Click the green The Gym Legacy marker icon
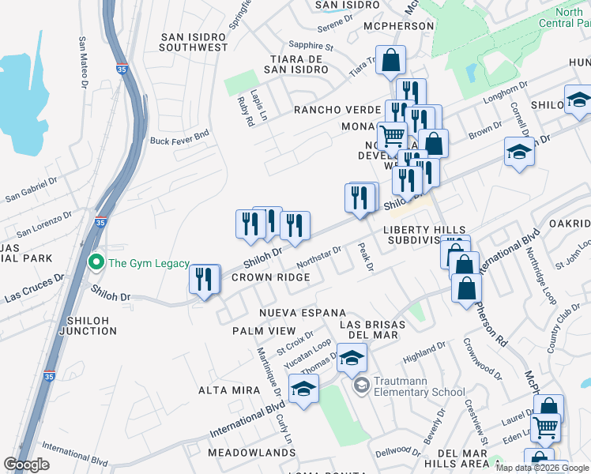tap(96, 262)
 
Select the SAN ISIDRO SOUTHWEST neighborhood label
tap(194, 43)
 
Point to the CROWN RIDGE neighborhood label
tap(270, 277)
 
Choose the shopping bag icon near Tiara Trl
tap(390, 60)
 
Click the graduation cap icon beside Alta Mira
tap(303, 388)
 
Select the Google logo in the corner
tap(27, 465)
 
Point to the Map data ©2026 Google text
tap(542, 468)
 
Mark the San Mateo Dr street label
tap(83, 62)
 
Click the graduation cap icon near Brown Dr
tap(520, 152)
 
